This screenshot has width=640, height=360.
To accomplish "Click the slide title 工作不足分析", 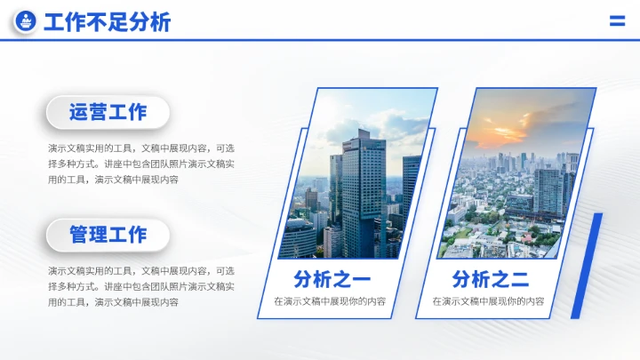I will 107,22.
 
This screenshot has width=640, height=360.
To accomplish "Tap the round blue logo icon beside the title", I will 26,21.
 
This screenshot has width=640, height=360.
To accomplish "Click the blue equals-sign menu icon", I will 617,21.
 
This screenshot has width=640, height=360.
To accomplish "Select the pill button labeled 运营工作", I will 108,112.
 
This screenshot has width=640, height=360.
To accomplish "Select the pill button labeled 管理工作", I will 108,235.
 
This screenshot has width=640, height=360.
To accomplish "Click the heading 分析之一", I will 332,279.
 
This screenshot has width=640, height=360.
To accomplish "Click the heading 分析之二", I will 490,279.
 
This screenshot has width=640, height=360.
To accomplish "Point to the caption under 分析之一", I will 330,301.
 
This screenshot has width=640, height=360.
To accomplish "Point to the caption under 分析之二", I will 488,301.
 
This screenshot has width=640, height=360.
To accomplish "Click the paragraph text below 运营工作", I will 141,164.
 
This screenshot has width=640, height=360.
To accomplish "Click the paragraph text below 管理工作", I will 141,286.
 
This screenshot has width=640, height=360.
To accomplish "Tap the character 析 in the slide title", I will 160,22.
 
